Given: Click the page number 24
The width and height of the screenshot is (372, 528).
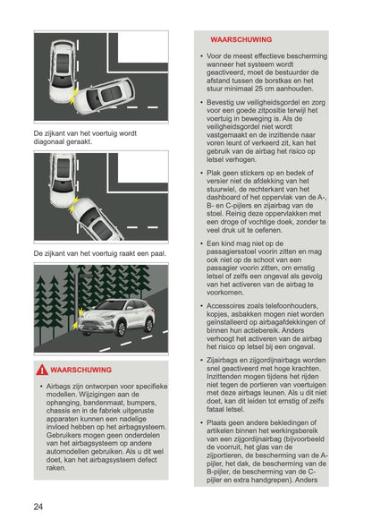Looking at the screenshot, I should click(38, 507).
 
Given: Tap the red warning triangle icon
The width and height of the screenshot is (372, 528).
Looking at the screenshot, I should click(42, 370).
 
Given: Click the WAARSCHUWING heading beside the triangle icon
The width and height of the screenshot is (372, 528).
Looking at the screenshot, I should click(81, 370).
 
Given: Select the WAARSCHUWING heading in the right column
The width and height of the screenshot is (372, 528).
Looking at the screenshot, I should click(241, 40).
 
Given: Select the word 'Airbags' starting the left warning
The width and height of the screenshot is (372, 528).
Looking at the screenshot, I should click(61, 387).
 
